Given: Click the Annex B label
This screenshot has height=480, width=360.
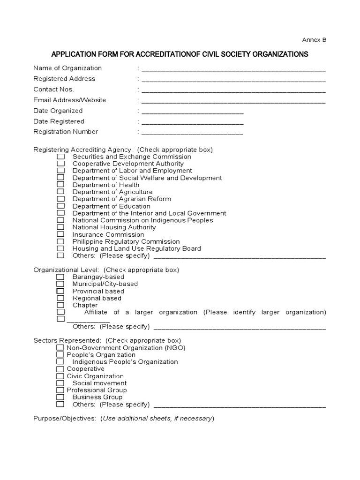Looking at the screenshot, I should pos(316,40).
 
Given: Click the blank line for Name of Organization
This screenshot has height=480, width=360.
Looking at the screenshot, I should pos(233,69).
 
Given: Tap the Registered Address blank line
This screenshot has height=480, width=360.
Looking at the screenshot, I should pos(233,80).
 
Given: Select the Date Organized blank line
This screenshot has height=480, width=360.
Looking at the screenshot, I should pos(192,112).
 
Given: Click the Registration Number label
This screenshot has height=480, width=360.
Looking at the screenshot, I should pos(66,132).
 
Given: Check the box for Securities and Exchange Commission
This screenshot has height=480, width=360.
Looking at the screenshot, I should pos(60,157).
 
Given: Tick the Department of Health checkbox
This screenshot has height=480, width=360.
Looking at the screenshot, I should pos(60,185).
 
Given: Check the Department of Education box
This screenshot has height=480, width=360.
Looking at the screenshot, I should pos(60,206).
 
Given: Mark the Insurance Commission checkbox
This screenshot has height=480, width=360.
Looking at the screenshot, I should pos(60,234).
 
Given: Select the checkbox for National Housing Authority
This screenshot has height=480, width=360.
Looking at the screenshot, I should pos(60,227).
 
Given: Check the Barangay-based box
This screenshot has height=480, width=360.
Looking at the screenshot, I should pos(60,277).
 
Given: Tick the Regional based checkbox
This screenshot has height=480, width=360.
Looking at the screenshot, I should pos(60,298).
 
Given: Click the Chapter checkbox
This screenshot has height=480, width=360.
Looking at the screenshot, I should pos(60,305).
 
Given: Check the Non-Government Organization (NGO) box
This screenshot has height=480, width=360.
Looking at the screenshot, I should pos(60,348).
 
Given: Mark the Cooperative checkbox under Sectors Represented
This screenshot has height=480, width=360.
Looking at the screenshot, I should pos(60,369).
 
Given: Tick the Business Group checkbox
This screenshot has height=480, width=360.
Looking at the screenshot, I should pos(60,397).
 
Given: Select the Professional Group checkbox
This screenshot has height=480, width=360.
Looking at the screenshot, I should pos(60,390).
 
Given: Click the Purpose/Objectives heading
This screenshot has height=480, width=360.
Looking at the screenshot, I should pos(65,418).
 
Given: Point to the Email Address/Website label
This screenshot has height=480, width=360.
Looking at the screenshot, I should pos(69,100).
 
